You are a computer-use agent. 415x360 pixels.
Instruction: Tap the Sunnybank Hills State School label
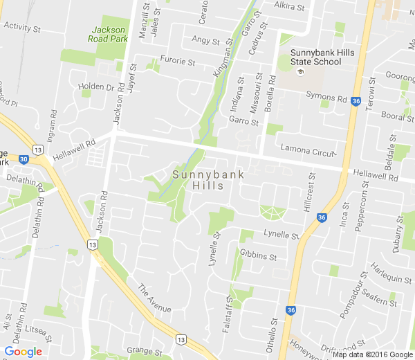[316, 57]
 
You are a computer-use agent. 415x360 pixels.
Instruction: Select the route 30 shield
[24, 159]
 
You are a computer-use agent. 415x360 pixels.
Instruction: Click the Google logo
[23, 351]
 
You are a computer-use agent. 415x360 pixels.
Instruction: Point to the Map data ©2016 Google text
[372, 354]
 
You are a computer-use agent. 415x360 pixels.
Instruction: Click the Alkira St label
[289, 6]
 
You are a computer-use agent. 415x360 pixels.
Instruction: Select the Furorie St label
[178, 61]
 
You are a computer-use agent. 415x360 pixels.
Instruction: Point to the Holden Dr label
[96, 87]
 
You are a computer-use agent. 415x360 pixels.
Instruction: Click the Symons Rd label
[326, 98]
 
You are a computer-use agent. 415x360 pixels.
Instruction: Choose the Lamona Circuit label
[307, 148]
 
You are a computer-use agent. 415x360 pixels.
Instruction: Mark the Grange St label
[144, 351]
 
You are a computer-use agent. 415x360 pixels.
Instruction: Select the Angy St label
[205, 40]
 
